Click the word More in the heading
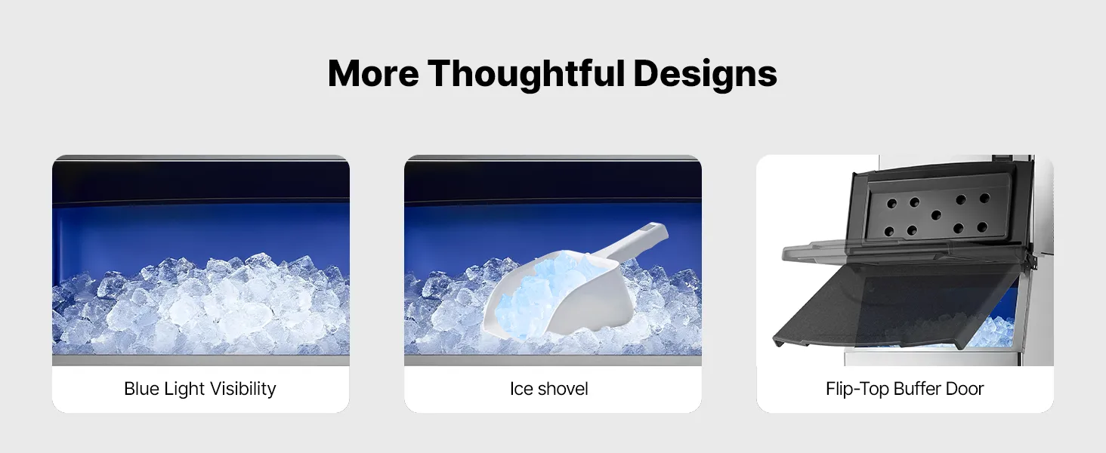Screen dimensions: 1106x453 point(373,73)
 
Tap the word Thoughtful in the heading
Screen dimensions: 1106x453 point(527,75)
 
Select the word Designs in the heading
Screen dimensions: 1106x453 point(705,75)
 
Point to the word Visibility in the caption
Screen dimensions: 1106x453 point(243,390)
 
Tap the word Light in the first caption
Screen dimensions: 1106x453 point(184,390)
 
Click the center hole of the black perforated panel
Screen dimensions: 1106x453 point(935,214)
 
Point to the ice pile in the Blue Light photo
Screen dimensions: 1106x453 point(201,306)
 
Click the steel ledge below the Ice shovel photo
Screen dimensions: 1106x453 point(553,360)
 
